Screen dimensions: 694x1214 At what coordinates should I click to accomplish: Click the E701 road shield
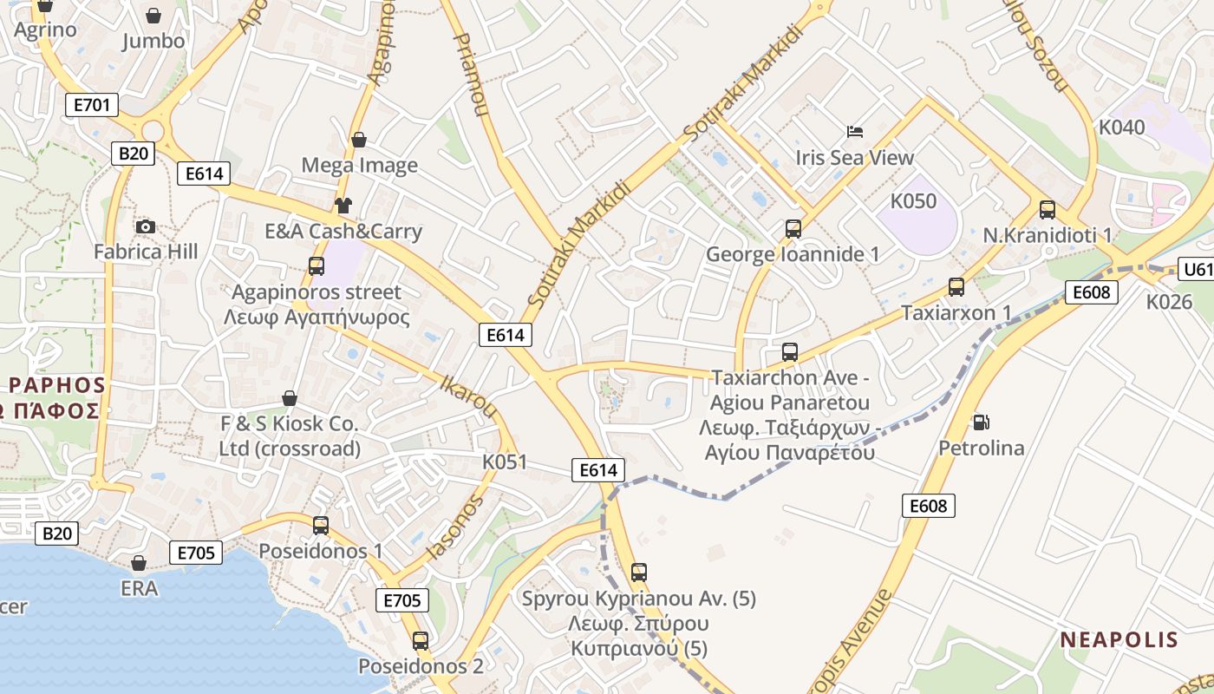pos(91,106)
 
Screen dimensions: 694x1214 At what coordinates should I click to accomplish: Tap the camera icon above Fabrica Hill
pos(146,227)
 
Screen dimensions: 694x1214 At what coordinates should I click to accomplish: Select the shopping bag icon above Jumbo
pos(153,16)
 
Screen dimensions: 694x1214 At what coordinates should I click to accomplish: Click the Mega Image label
pos(359,165)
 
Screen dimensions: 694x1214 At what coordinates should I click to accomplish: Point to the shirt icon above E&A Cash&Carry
pos(343,206)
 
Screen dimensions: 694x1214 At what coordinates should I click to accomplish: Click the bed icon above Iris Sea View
pos(855,132)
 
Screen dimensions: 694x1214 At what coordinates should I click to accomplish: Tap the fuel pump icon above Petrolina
pos(981,422)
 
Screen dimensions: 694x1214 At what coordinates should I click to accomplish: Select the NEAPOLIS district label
pos(1119,640)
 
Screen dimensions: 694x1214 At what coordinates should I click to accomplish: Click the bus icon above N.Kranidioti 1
pos(1048,210)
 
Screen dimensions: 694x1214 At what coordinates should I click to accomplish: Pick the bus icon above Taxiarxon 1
pos(956,287)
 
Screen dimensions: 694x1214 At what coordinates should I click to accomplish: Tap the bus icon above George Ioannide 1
pos(793,229)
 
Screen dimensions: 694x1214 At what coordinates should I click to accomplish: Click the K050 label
pos(913,201)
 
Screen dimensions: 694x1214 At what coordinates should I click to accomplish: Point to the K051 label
pos(505,462)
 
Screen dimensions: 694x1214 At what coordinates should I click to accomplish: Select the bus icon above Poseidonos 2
pos(421,641)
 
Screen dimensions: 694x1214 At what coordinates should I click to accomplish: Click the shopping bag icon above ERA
pos(139,563)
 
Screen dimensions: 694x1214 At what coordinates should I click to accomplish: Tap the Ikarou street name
pos(468,396)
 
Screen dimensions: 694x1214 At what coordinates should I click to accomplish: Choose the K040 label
pos(1121,128)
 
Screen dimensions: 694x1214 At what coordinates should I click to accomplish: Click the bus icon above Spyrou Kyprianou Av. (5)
pos(639,573)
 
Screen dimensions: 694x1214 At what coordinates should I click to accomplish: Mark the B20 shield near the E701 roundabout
pos(133,154)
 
